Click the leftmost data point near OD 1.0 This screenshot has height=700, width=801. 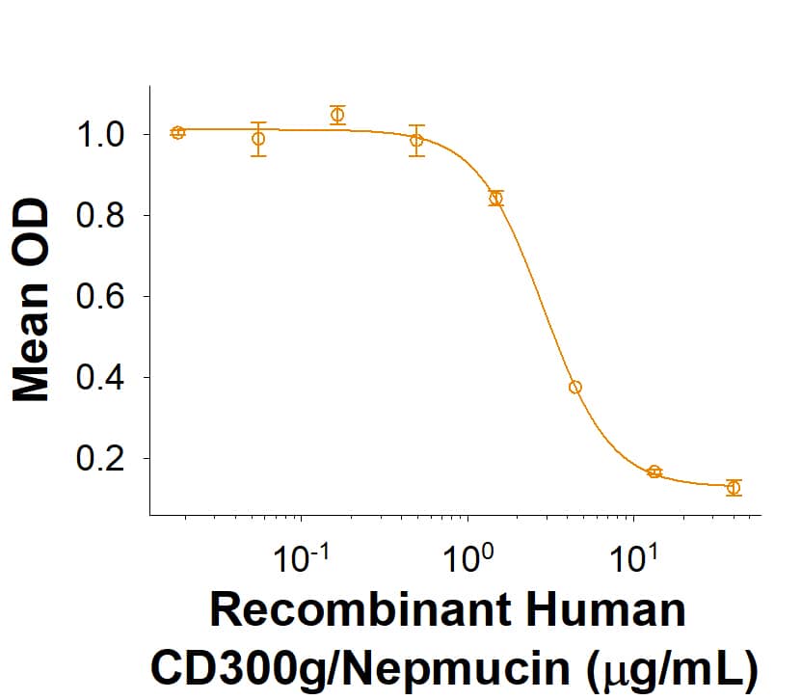[177, 132]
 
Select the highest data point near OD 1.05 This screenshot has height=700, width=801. [337, 115]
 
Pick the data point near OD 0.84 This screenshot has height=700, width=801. [496, 199]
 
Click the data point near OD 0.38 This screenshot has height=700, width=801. [575, 387]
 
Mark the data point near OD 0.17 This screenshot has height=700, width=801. [654, 471]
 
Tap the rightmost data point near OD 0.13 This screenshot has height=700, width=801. [734, 487]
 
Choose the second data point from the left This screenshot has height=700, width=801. [257, 139]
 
